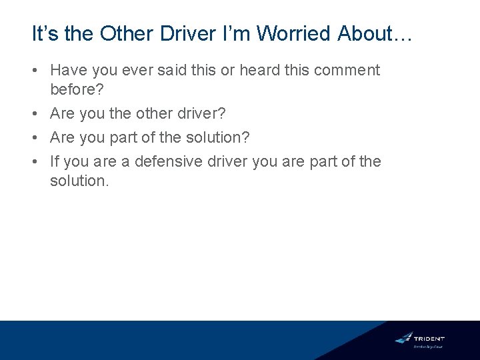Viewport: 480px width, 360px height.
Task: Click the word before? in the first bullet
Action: click(x=77, y=89)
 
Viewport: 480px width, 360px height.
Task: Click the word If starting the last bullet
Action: click(x=55, y=161)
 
